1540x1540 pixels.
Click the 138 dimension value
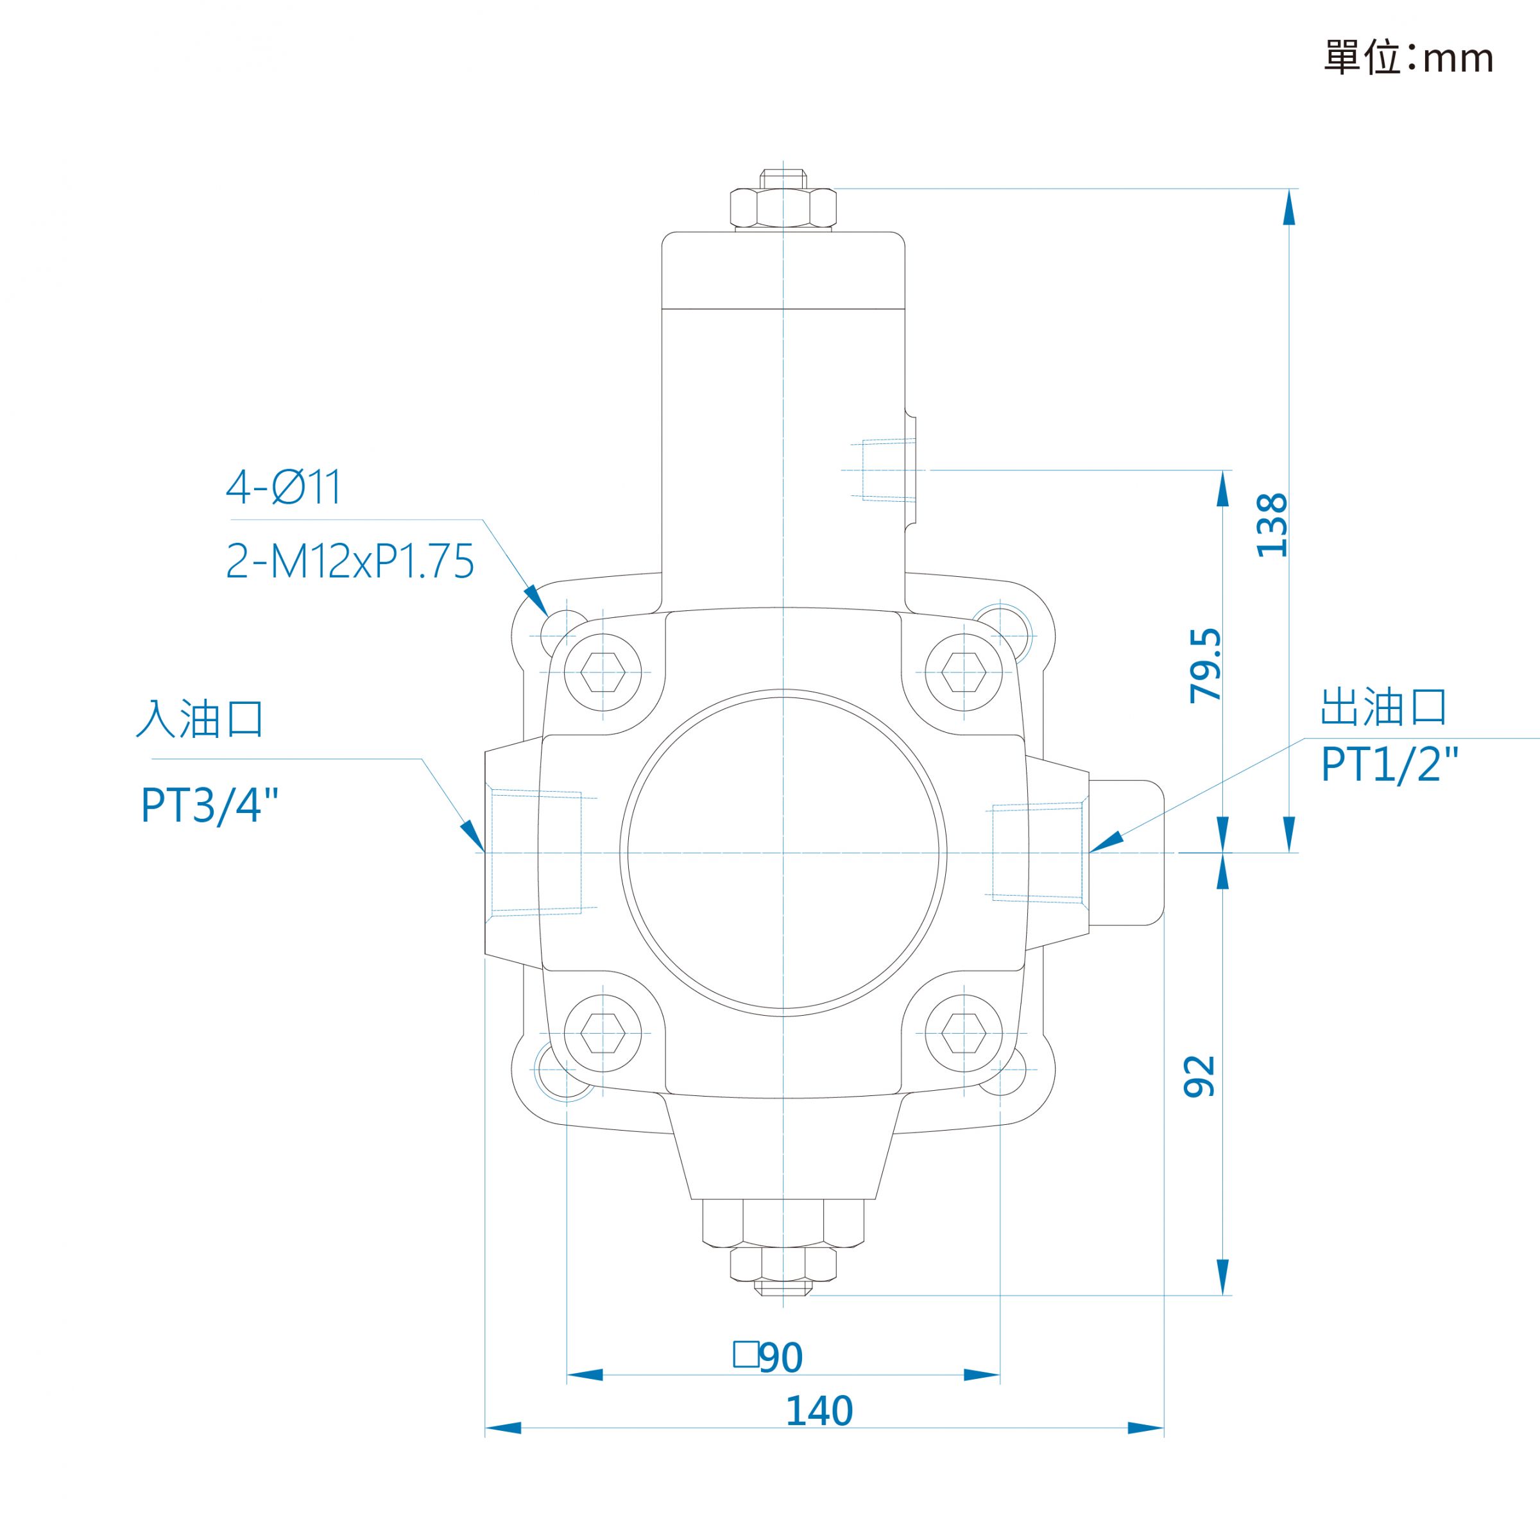click(1271, 526)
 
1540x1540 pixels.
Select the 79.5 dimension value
click(1205, 665)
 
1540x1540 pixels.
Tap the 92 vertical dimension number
click(1200, 1076)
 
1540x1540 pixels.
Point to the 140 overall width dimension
click(819, 1410)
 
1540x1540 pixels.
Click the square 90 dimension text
click(769, 1356)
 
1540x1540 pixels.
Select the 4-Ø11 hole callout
click(284, 487)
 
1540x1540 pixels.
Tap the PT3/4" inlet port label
click(210, 805)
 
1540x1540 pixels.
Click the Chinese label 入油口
click(200, 718)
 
